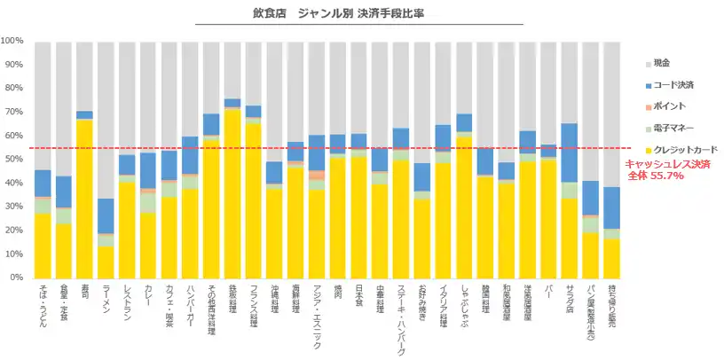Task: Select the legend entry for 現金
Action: click(x=661, y=63)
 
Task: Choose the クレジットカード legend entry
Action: click(x=680, y=151)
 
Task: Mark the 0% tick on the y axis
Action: click(x=17, y=278)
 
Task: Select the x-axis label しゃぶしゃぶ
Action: click(x=464, y=306)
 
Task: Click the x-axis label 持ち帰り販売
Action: click(x=611, y=309)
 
